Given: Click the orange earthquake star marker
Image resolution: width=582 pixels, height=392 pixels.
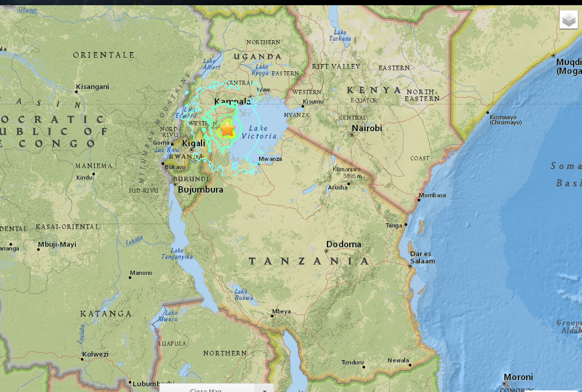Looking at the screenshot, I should click(x=227, y=128).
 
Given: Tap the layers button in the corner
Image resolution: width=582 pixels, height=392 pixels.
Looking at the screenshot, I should click(x=568, y=20).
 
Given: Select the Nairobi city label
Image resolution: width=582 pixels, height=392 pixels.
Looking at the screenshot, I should click(x=366, y=128).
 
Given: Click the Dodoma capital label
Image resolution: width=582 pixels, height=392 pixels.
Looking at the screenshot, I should click(x=344, y=244).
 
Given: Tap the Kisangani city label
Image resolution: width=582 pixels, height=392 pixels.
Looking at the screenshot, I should click(x=92, y=87).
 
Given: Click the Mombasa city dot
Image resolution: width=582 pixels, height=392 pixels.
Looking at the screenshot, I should click(x=419, y=199).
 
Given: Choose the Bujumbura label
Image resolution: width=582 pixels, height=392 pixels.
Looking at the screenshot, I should click(x=200, y=189).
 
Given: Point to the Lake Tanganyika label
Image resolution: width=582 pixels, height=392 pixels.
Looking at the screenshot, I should click(x=178, y=254).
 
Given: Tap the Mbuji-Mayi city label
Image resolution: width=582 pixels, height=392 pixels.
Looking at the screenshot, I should click(x=57, y=244).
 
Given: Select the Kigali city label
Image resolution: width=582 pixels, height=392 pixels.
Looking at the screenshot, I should click(x=193, y=143).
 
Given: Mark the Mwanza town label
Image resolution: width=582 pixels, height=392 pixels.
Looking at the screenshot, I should click(x=270, y=159).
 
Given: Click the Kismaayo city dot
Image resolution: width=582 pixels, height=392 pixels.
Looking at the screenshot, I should click(x=487, y=112).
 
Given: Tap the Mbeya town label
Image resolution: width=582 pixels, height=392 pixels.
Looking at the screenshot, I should click(x=281, y=311).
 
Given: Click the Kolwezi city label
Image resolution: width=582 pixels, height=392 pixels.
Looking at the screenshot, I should click(x=95, y=355).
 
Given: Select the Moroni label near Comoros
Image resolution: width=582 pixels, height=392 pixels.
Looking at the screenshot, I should click(x=518, y=377).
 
